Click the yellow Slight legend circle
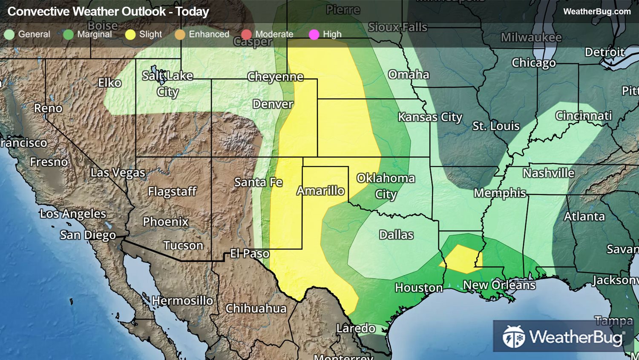click(130, 35)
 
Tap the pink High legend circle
click(314, 35)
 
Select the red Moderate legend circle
click(246, 35)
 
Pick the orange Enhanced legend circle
click(180, 35)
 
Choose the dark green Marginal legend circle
click(68, 35)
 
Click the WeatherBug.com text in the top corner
click(596, 12)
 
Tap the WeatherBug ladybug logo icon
click(513, 337)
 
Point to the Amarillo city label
click(320, 191)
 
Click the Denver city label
click(273, 104)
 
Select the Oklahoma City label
click(386, 186)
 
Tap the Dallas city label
click(396, 235)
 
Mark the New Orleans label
click(499, 285)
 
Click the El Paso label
click(250, 254)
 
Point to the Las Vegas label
click(118, 173)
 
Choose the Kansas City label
click(430, 117)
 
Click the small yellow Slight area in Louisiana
click(460, 259)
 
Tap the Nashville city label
click(548, 173)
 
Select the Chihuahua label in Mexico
click(256, 308)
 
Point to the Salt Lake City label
click(167, 84)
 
